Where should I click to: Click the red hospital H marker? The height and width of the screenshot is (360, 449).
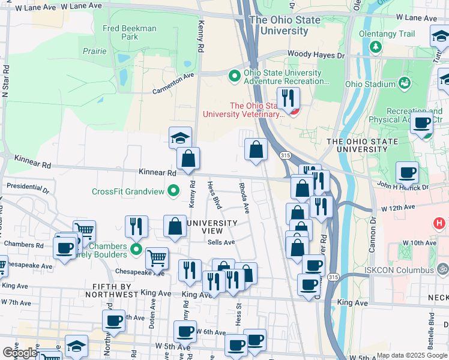click(x=439, y=223)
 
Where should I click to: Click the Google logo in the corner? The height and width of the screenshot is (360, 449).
click(x=20, y=353)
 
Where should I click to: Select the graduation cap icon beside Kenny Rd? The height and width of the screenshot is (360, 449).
click(x=180, y=137)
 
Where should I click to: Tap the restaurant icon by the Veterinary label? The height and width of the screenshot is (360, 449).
click(x=288, y=98)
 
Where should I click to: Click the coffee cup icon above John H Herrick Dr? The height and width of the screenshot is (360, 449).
click(x=407, y=172)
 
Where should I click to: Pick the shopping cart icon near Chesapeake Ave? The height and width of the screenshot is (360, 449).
click(x=157, y=258)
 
